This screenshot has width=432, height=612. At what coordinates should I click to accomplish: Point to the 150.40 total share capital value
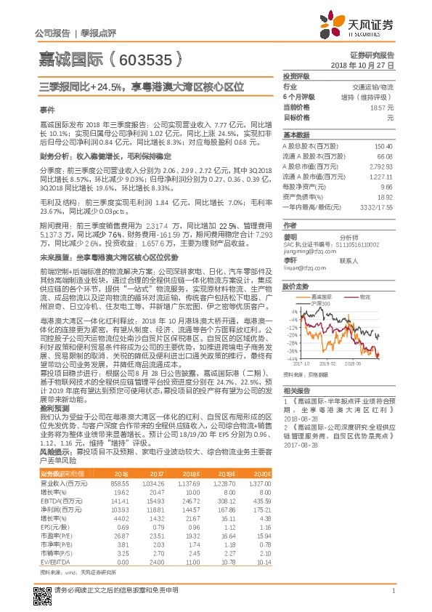(x=382, y=146)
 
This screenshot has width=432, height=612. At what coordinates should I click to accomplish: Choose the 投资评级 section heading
(x=296, y=76)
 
